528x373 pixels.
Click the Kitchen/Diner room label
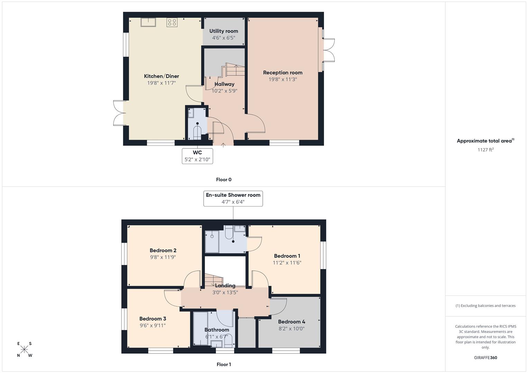[x=161, y=76]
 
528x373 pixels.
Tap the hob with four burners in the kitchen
[x=172, y=22]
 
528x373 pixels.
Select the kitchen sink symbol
[x=148, y=22]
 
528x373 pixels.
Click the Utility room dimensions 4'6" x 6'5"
[x=224, y=38]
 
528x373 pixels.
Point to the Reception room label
[x=282, y=73]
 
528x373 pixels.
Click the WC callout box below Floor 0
[x=197, y=156]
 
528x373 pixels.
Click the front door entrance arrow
[x=223, y=145]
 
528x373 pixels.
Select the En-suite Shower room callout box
[x=233, y=198]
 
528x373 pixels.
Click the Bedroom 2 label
[x=163, y=250]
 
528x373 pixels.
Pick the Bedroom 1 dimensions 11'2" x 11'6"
[x=287, y=263]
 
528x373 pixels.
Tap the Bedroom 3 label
[x=152, y=319]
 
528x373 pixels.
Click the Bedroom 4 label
[x=291, y=322]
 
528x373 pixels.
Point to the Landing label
[x=225, y=286]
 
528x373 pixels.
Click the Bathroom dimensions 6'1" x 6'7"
[x=217, y=337]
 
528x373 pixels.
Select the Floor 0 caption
[x=224, y=180]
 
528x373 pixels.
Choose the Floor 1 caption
[x=224, y=364]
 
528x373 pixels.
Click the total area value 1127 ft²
[x=485, y=150]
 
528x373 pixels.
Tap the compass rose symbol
[x=24, y=349]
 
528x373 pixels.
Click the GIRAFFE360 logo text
[x=485, y=358]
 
